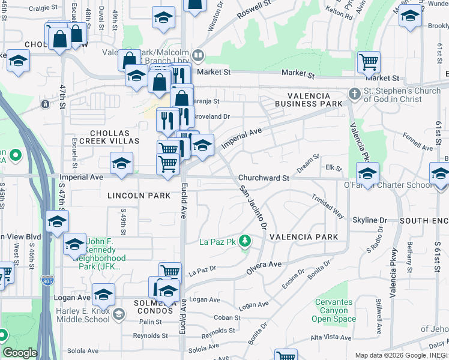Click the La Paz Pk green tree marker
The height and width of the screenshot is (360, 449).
tap(244, 242)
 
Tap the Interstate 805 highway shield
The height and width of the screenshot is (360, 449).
tap(47, 280)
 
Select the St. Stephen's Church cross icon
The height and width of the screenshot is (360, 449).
tap(355, 94)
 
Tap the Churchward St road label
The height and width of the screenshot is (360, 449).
tap(264, 178)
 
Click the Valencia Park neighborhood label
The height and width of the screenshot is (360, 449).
tap(304, 237)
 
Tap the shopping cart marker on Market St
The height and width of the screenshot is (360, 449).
tap(369, 62)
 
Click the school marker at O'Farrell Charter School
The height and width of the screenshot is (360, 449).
tap(367, 174)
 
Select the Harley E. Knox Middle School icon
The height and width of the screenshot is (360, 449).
tap(119, 314)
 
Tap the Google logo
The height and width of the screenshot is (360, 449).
tap(19, 353)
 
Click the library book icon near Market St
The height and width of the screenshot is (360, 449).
tap(198, 56)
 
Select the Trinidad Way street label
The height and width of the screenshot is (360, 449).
tap(327, 205)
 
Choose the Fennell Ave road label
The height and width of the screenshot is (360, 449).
tap(418, 142)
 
